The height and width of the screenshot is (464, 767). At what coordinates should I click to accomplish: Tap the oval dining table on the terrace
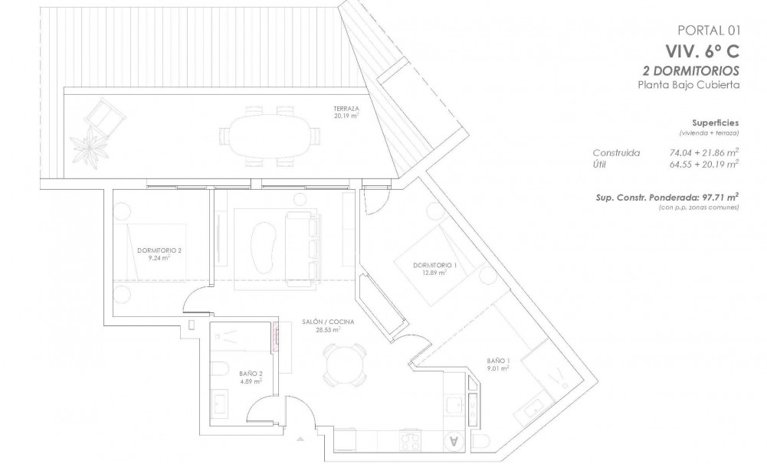pos(268,137)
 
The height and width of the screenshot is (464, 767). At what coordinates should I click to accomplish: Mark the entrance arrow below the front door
pos(300,438)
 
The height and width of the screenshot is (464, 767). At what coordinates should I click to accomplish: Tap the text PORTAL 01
pos(709,31)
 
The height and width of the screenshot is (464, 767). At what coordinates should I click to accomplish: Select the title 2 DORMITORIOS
pos(690,70)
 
